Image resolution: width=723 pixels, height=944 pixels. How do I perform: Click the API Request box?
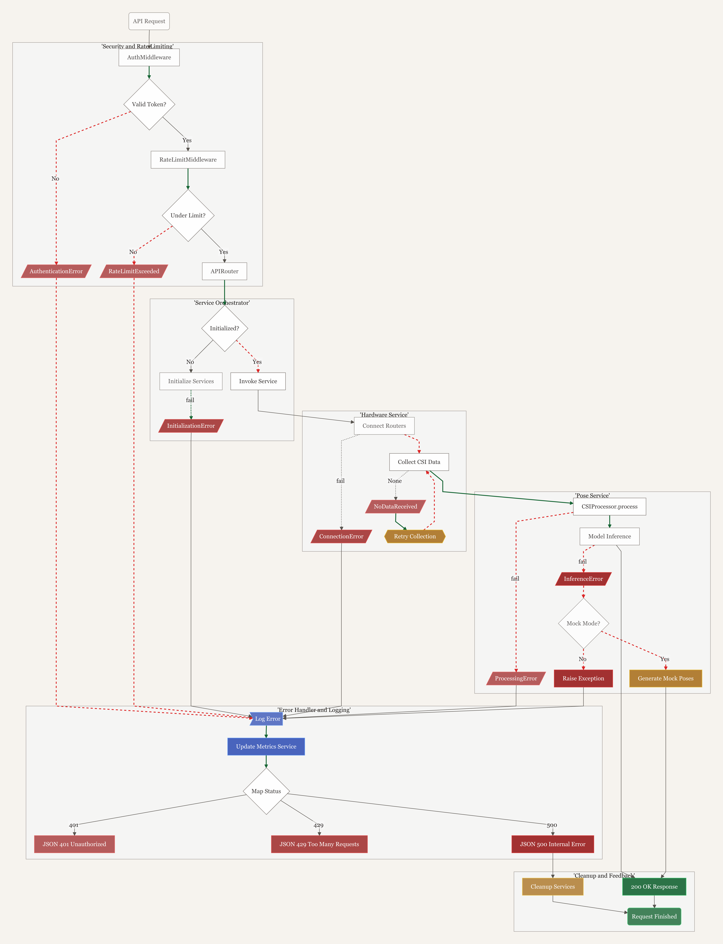(149, 21)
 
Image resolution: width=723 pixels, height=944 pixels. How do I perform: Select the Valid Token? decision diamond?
(149, 104)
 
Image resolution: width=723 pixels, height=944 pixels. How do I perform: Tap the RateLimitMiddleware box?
(188, 160)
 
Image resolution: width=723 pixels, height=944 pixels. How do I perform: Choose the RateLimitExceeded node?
(134, 271)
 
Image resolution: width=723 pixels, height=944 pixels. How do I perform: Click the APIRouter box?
(224, 271)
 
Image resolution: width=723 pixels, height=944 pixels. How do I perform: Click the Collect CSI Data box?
(419, 462)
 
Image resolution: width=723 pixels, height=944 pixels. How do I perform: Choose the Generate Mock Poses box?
(665, 678)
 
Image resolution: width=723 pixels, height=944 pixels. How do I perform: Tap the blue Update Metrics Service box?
(266, 746)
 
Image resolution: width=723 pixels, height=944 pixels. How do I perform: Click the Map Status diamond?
(266, 791)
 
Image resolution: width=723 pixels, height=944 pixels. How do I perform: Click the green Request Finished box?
(654, 916)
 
